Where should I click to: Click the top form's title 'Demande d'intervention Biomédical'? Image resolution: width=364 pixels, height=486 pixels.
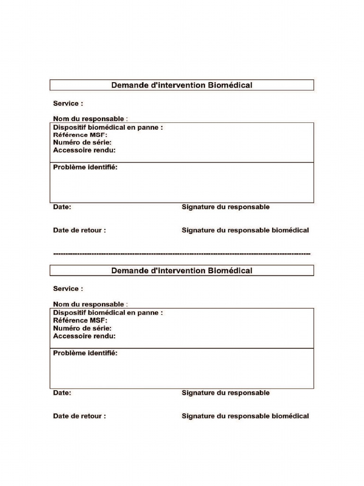pos(182,85)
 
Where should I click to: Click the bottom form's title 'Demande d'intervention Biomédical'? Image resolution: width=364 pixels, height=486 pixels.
pos(182,271)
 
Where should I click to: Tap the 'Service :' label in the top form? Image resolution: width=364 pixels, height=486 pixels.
pos(68,103)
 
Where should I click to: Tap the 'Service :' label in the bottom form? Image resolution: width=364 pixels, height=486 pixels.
pos(68,289)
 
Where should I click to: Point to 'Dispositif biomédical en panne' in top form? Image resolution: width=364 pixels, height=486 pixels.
pos(108,127)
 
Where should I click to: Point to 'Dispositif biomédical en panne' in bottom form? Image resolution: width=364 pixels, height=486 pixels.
pos(108,313)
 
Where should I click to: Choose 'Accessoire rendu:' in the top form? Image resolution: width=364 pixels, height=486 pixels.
pos(84,150)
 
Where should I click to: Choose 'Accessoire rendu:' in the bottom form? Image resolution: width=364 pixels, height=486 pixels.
pos(84,336)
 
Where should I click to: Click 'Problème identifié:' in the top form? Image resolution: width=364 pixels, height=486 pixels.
pos(85,168)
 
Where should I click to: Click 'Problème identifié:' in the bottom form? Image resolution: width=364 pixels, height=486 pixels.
pos(85,353)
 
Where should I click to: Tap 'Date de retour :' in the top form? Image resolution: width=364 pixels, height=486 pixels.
pos(79,230)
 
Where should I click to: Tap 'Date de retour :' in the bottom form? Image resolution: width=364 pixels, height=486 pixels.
pos(79,416)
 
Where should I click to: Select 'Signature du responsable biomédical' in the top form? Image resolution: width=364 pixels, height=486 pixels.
pos(245,230)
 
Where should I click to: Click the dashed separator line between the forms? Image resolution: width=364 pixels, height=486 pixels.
pos(182,254)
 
